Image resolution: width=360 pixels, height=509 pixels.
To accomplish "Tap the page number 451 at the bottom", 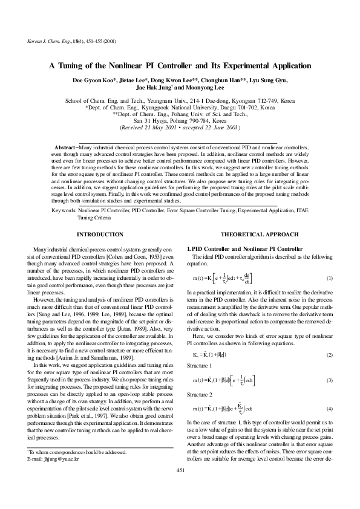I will click(x=180, y=487).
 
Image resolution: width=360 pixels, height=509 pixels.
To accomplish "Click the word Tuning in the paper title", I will click(x=81, y=66).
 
